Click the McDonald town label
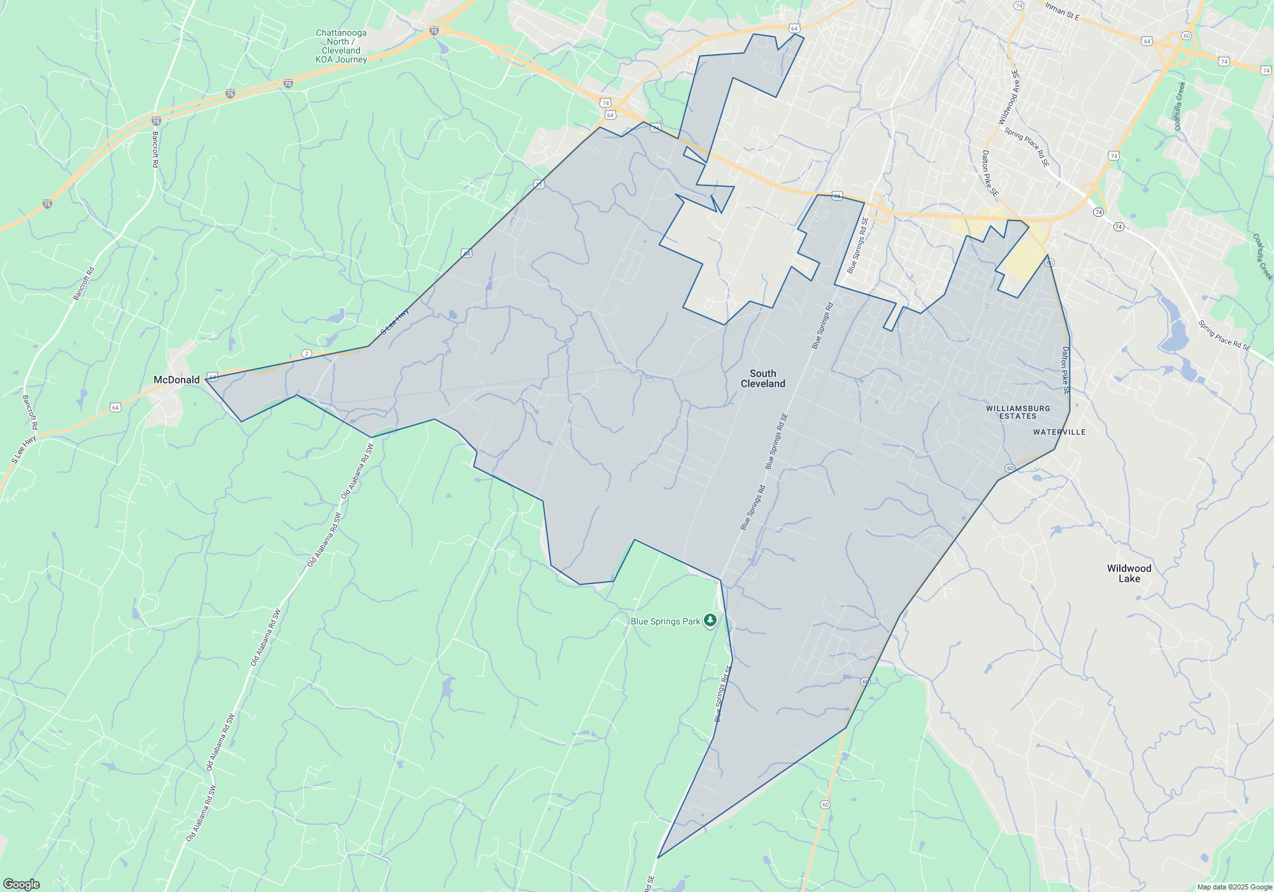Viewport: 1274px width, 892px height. coord(176,380)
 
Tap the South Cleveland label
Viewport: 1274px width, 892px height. coord(762,378)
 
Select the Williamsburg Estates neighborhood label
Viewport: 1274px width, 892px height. coord(1018,412)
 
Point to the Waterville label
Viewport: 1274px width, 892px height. coord(1059,432)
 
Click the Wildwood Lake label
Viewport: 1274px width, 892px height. coord(1129,573)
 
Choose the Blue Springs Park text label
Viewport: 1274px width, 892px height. coord(665,621)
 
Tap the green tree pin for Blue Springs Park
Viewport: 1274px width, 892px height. coord(710,621)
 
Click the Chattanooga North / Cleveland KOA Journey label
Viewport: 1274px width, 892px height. coord(341,46)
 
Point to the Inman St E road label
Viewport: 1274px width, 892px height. coord(1062,11)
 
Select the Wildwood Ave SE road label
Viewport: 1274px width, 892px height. coord(1008,97)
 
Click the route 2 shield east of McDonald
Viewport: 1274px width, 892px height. coord(306,354)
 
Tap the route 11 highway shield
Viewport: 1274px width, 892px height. coord(539,184)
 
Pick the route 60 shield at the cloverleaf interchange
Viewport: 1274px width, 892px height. coord(1185,36)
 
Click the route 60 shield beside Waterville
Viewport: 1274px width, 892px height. coord(1010,468)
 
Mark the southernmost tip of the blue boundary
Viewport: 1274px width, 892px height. coord(657,858)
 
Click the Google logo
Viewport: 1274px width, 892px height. coord(22,884)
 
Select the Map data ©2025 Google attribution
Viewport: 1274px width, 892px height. coord(1234,887)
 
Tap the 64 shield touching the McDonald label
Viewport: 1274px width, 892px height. coord(212,376)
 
